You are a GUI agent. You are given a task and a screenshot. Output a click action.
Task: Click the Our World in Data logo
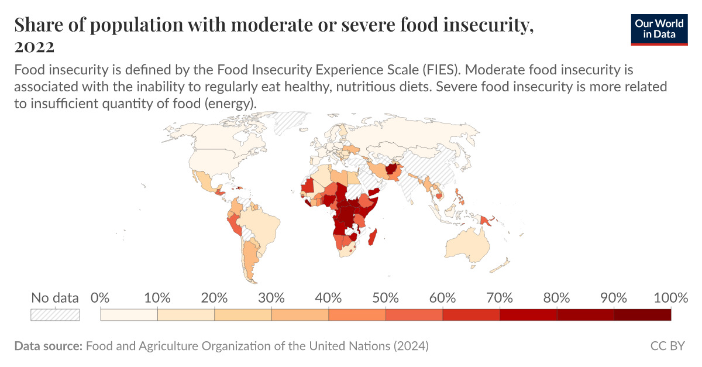(x=659, y=28)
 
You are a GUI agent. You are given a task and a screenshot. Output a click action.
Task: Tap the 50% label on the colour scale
(x=386, y=297)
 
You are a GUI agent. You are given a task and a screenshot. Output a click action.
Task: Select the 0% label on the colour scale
(x=101, y=297)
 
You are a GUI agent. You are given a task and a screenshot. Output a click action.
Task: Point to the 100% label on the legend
(x=670, y=297)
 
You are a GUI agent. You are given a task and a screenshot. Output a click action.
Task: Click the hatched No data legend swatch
(x=55, y=315)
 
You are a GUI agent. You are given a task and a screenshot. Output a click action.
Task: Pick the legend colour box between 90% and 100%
(x=642, y=315)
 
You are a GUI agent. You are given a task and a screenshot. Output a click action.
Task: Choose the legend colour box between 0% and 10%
(x=129, y=315)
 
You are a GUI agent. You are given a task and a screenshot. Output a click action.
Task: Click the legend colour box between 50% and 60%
(x=414, y=315)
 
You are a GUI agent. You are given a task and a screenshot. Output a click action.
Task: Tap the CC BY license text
(x=667, y=346)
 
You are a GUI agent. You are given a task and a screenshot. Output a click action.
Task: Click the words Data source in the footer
(x=48, y=346)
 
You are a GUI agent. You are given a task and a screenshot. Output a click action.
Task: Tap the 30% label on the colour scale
(x=271, y=297)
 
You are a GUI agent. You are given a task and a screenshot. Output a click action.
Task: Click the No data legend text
(x=54, y=297)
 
